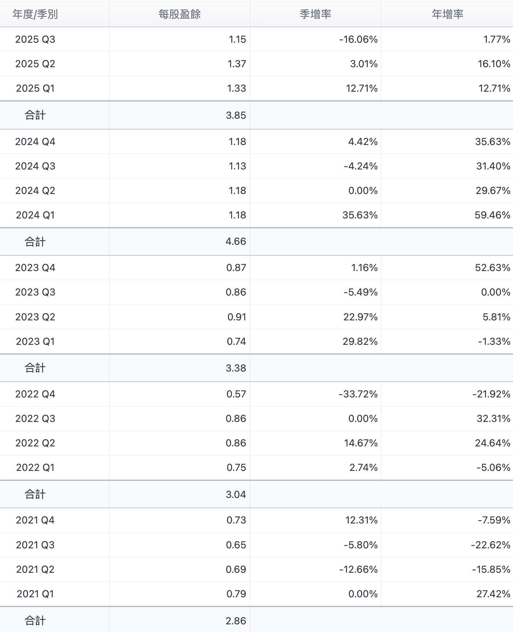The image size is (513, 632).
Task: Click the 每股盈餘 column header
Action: pos(180,14)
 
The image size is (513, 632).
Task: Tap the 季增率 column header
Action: pos(315,14)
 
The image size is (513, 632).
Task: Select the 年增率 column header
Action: pos(447,14)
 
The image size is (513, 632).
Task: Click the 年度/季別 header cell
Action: pos(35,14)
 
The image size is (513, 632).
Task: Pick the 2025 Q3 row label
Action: pos(35,39)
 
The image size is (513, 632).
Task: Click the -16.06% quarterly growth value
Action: pos(358,39)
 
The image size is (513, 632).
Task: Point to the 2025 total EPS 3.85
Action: pos(236,115)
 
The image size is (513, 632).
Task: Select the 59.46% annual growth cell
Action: pos(492,215)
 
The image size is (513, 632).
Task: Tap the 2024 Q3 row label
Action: pos(35,166)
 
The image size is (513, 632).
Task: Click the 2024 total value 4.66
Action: pos(236,241)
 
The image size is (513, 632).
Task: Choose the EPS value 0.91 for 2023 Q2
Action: pos(236,317)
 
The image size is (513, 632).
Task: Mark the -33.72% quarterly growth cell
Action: pos(358,394)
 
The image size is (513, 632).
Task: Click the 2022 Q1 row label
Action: pos(35,468)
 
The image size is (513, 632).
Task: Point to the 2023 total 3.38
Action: pos(236,368)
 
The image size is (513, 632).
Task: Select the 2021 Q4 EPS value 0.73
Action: pos(236,520)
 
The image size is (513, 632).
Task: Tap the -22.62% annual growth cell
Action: pos(490,545)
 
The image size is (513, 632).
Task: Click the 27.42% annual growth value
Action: pos(493,594)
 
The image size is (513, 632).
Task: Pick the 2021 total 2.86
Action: pos(236,621)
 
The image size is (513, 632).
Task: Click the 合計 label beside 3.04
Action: pos(35,495)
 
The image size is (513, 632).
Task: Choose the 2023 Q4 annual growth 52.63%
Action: pos(493,268)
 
